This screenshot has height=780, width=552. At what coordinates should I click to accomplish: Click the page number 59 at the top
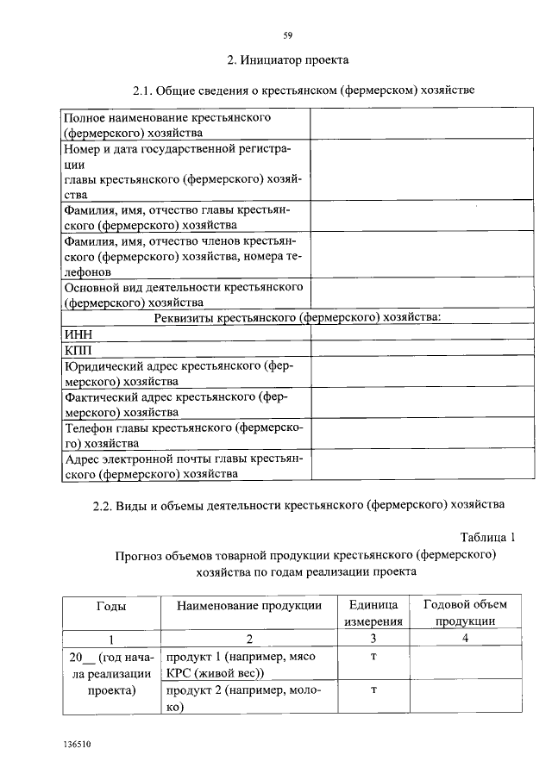click(x=288, y=35)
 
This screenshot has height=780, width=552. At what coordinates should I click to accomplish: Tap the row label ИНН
click(x=78, y=334)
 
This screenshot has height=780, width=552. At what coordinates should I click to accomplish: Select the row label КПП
click(x=78, y=351)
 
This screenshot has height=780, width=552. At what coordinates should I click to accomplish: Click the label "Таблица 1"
click(x=486, y=536)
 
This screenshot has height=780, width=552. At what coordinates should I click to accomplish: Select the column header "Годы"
click(x=111, y=605)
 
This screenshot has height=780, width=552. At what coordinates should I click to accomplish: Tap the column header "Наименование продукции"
click(x=248, y=605)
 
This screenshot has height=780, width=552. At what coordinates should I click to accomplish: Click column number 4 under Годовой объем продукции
click(x=465, y=639)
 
